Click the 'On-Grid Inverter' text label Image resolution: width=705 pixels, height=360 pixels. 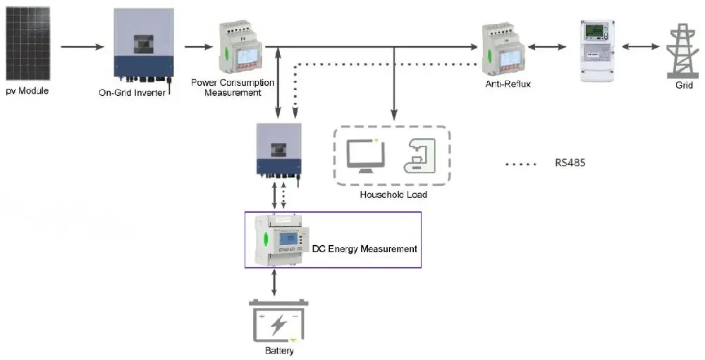pyautogui.click(x=132, y=92)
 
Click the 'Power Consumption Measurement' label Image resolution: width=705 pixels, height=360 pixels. pyautogui.click(x=233, y=87)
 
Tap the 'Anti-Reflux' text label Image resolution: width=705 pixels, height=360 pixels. pyautogui.click(x=507, y=84)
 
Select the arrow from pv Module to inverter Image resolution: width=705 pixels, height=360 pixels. pyautogui.click(x=83, y=47)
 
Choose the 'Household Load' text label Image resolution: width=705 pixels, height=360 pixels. pyautogui.click(x=393, y=194)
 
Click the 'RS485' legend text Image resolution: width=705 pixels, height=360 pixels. pyautogui.click(x=570, y=163)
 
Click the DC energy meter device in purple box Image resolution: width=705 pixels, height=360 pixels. pyautogui.click(x=279, y=240)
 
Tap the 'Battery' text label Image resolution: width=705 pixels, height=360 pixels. pyautogui.click(x=279, y=351)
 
